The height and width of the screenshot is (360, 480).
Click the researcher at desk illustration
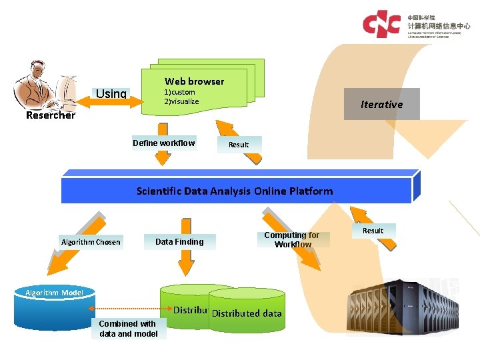[x=45, y=84]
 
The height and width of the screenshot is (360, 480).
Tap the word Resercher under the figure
[x=50, y=115]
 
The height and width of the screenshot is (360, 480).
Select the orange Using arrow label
[x=111, y=93]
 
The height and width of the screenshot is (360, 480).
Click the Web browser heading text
[x=194, y=81]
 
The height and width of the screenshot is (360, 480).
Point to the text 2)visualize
[x=181, y=101]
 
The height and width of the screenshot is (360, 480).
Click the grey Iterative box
[x=381, y=104]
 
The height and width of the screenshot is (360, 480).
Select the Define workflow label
[x=163, y=143]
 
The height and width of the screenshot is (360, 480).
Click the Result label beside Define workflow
[x=238, y=145]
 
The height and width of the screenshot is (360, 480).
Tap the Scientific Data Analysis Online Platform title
[x=235, y=191]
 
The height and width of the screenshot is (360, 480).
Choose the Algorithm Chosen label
[x=90, y=242]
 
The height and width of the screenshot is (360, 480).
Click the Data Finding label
[x=179, y=241]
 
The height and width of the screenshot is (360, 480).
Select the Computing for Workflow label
[x=291, y=239]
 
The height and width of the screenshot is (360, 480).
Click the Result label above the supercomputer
[x=373, y=231]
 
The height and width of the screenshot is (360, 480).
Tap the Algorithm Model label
[x=54, y=293]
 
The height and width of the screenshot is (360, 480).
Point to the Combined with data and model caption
[x=128, y=329]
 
